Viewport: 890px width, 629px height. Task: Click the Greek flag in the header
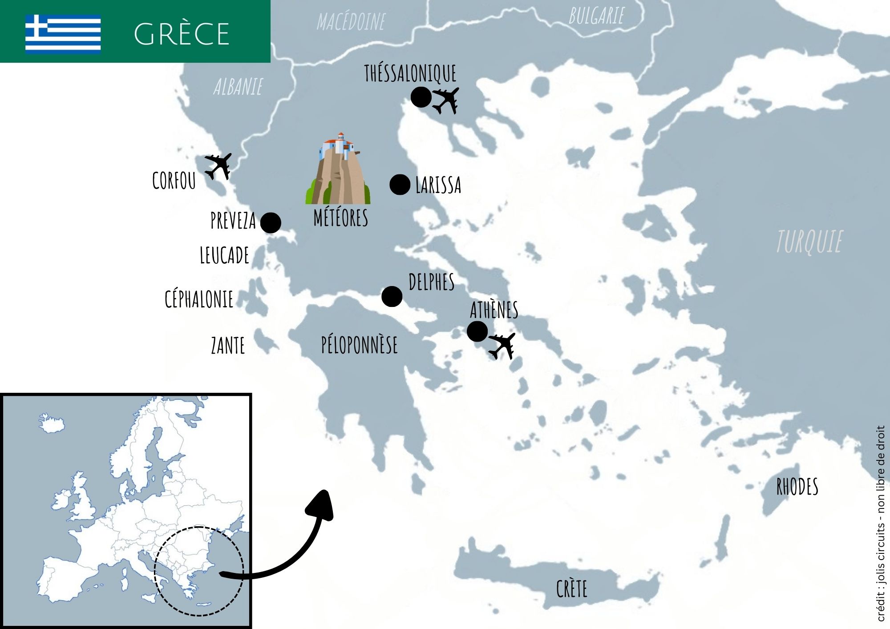point(63,33)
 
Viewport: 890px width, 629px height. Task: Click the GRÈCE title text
point(182,34)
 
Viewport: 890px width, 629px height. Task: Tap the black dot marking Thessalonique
point(421,97)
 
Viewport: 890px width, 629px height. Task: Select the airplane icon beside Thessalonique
point(446,100)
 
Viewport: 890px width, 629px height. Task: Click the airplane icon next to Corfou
point(218,166)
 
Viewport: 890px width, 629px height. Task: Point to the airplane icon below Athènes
point(502,346)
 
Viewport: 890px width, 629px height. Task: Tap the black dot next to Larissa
point(400,184)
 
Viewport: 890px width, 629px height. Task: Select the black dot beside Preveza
point(271,222)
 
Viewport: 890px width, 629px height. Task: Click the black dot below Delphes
point(392,296)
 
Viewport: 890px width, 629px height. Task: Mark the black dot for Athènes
point(477,331)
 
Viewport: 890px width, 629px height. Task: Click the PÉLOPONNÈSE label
point(360,345)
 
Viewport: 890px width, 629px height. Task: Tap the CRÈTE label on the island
point(572,589)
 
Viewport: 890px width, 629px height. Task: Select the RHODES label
point(797,487)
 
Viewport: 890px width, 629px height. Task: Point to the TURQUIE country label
point(809,242)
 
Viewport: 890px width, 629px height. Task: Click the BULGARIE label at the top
point(596,16)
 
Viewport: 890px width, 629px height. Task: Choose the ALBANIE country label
point(238,87)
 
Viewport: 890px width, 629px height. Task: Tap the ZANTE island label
point(228,346)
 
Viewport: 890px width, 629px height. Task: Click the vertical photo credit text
point(881,525)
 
